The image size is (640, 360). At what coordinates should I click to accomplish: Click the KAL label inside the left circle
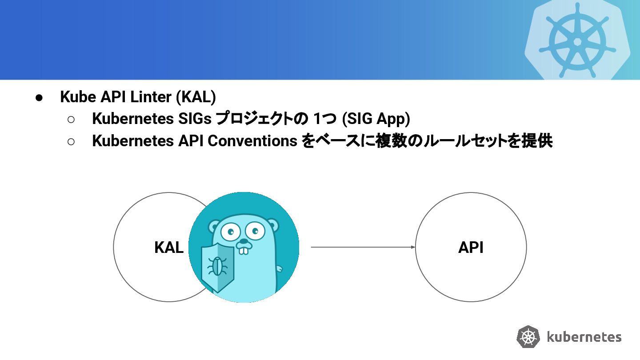pyautogui.click(x=169, y=248)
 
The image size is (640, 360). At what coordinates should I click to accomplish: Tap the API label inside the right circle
pyautogui.click(x=471, y=248)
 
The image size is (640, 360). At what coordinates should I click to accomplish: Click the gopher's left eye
pyautogui.click(x=230, y=231)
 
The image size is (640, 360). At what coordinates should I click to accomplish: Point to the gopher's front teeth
pyautogui.click(x=243, y=250)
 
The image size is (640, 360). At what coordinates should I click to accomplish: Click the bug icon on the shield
pyautogui.click(x=217, y=267)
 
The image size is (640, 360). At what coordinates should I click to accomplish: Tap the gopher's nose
pyautogui.click(x=243, y=242)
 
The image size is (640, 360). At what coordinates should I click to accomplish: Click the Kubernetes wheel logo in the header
pyautogui.click(x=577, y=41)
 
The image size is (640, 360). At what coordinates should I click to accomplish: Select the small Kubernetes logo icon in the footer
pyautogui.click(x=528, y=337)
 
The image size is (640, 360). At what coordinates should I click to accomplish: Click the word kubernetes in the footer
pyautogui.click(x=584, y=337)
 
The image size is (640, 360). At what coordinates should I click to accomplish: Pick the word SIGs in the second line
pyautogui.click(x=195, y=119)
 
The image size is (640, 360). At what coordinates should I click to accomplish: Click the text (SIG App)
pyautogui.click(x=376, y=119)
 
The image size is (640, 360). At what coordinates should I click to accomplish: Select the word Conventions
pyautogui.click(x=252, y=141)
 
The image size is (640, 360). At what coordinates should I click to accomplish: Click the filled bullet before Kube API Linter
pyautogui.click(x=39, y=97)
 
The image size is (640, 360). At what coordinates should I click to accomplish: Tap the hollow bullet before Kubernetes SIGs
pyautogui.click(x=71, y=119)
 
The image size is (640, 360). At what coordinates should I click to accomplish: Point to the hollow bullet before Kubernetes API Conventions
pyautogui.click(x=71, y=141)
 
